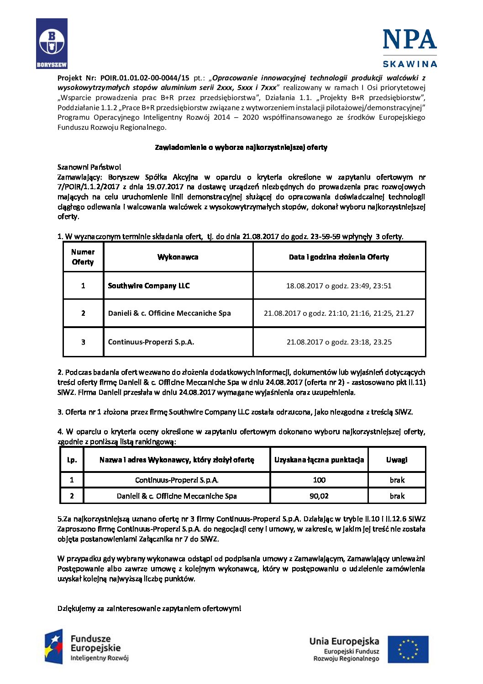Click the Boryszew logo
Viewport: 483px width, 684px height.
coord(52,43)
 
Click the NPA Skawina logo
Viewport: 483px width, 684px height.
coord(409,48)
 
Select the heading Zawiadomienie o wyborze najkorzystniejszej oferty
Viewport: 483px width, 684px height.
coord(241,147)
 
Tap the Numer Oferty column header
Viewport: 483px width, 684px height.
coord(83,257)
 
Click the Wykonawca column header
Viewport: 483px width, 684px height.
coord(178,257)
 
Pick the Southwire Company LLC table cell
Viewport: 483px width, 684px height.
coord(149,286)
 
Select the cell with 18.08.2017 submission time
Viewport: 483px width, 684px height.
coord(339,286)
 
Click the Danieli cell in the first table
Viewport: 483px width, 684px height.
coord(169,313)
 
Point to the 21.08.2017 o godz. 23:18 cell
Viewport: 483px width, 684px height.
coord(339,342)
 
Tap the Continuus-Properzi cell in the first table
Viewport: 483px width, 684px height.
coord(151,342)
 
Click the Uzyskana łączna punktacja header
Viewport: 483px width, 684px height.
coord(319,460)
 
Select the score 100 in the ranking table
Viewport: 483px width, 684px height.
coord(319,480)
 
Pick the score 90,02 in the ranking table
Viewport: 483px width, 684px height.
coord(319,496)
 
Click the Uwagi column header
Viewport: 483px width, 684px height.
coord(397,460)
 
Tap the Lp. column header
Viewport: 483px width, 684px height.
coord(72,460)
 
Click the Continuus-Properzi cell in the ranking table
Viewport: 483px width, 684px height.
coord(177,480)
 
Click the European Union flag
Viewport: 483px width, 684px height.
coord(408,649)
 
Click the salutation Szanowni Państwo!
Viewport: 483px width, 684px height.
coord(89,167)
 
